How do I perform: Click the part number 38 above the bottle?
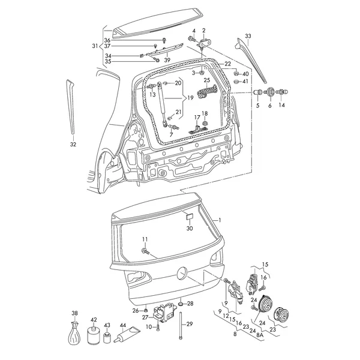[74, 313]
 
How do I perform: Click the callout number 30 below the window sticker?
[190, 229]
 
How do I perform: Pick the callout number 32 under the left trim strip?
[73, 145]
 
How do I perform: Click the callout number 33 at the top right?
[248, 36]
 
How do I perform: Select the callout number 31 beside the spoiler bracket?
[94, 46]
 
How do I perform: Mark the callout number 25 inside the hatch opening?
[207, 79]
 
